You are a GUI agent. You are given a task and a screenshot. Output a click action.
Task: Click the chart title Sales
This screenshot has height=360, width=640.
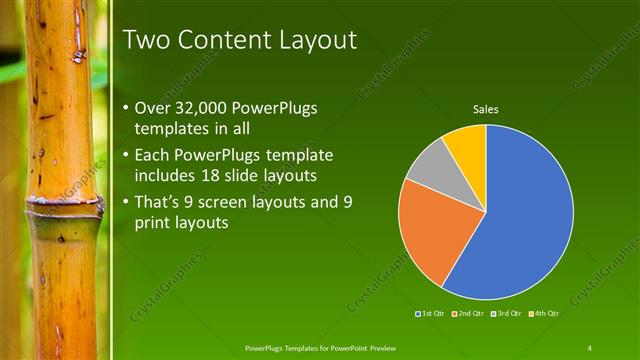tap(486, 109)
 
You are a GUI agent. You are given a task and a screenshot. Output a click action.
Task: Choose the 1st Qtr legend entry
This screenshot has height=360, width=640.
tap(432, 314)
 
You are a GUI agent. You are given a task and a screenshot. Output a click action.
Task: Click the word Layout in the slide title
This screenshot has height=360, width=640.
tap(314, 41)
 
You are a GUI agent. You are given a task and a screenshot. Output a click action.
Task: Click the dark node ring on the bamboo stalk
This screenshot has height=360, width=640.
tap(62, 210)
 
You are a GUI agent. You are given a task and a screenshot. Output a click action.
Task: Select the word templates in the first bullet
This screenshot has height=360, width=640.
tap(171, 130)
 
